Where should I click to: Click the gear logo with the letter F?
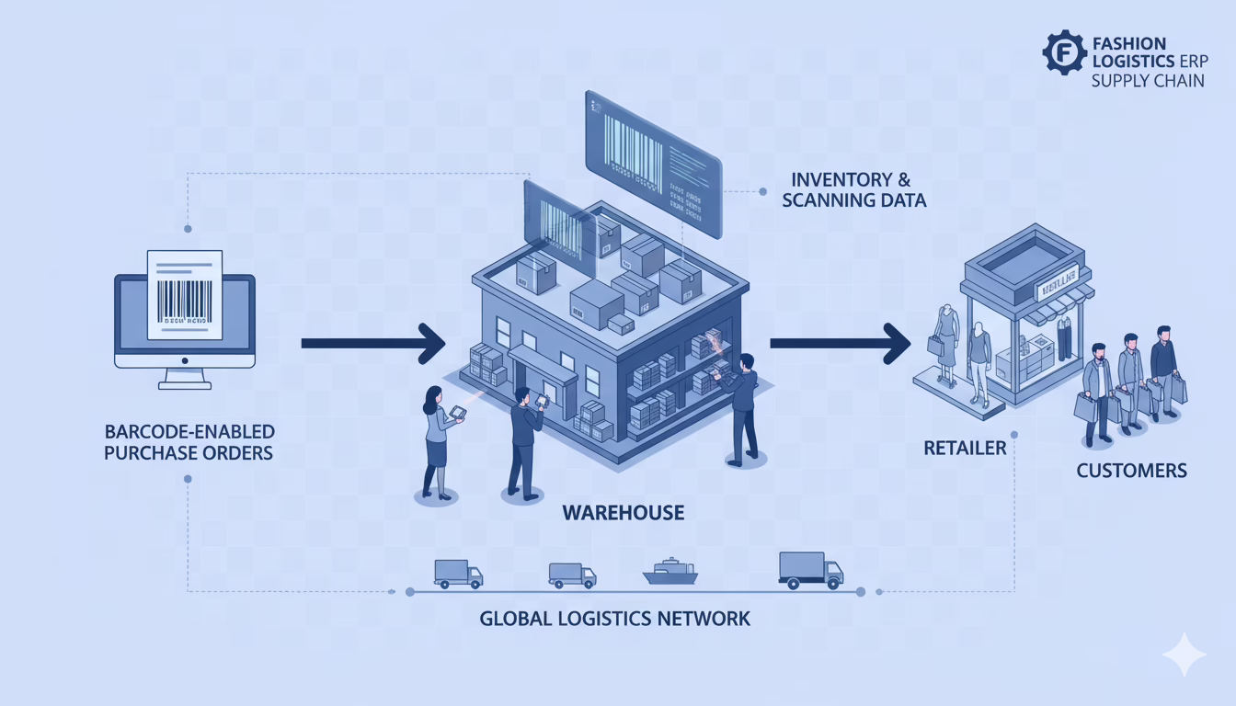pos(1065,52)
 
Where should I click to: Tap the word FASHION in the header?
pos(1128,43)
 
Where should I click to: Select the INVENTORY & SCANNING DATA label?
pos(853,188)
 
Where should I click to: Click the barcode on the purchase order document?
pos(185,300)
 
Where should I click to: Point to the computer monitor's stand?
pos(184,377)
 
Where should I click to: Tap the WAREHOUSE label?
pos(624,512)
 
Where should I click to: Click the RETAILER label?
pos(965,449)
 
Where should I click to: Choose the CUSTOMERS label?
pos(1131,471)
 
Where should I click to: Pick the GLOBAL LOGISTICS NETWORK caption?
pos(614,618)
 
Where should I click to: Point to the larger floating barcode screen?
pos(652,152)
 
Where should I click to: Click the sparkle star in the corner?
pos(1183,655)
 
